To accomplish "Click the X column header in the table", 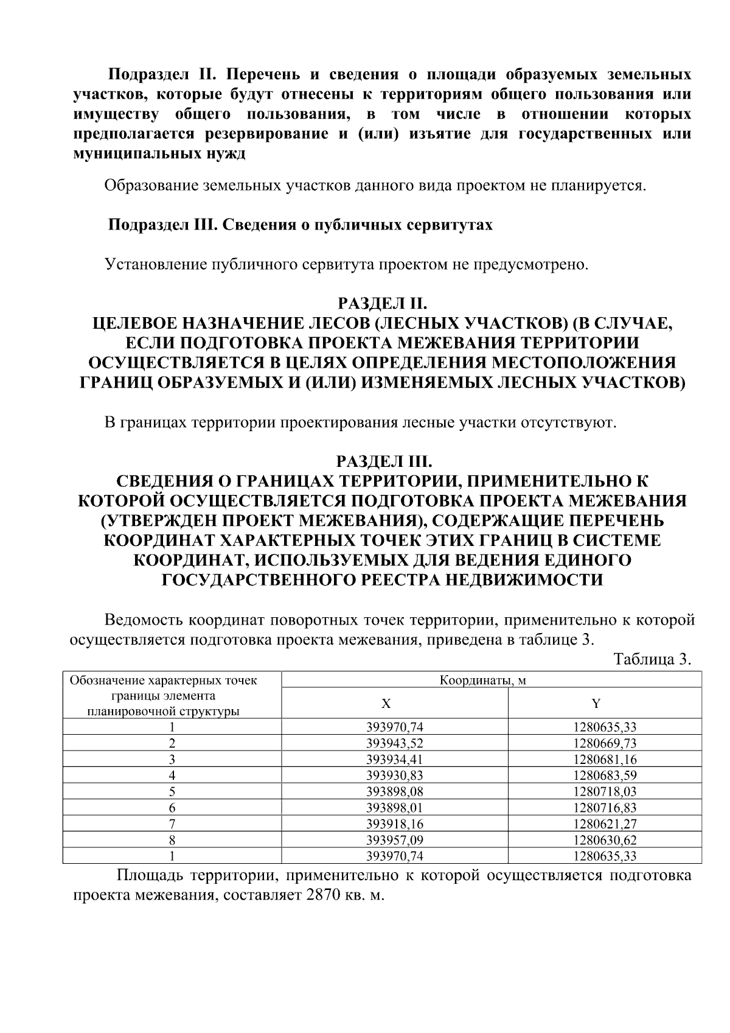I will pos(386,704).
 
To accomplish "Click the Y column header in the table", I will pos(596,704).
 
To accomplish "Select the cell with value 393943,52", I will pos(394,743).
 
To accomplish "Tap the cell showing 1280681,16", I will pos(605,759).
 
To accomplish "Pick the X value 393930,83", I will pos(394,776).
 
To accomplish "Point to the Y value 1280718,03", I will pos(605,791).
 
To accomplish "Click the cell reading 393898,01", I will pos(394,808).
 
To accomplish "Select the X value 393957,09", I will pos(394,840).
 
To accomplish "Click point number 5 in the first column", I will pos(172,791).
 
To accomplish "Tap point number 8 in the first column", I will pos(172,840).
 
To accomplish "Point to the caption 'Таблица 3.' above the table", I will pos(653,660).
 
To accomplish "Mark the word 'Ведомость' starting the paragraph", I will pos(145,620).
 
